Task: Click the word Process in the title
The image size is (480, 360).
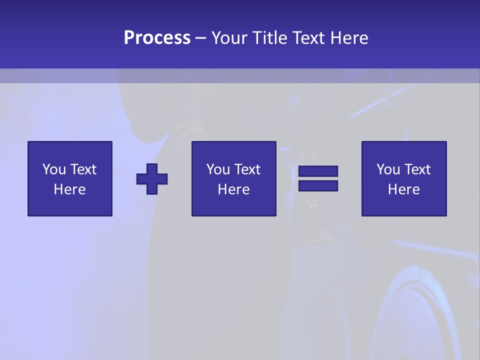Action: [157, 38]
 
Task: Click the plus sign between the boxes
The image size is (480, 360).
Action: [152, 178]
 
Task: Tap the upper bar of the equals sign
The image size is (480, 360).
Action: [318, 171]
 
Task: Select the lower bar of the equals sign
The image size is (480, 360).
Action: [318, 185]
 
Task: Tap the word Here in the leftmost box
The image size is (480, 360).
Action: [70, 189]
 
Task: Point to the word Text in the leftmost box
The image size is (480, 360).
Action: [83, 169]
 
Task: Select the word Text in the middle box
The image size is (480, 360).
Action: [247, 169]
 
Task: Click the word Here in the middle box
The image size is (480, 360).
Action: [234, 189]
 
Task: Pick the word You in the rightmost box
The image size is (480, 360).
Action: [388, 169]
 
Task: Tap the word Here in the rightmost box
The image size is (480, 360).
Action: [404, 189]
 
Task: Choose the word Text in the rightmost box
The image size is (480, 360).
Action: [417, 169]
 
